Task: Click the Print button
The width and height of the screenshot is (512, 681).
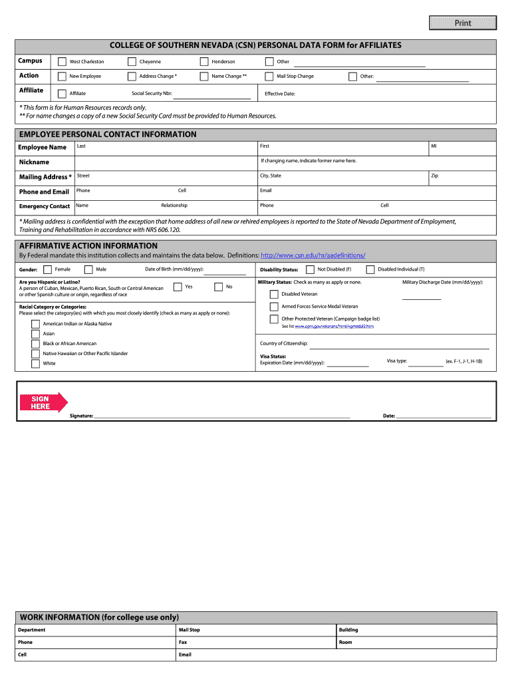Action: (463, 23)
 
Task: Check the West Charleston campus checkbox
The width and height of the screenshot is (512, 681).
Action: (62, 62)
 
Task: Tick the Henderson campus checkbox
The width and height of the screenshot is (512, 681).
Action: (203, 62)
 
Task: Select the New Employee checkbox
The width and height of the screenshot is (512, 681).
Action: (62, 76)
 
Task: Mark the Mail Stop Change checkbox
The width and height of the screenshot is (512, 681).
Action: (269, 76)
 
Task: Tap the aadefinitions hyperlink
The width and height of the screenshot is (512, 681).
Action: (313, 255)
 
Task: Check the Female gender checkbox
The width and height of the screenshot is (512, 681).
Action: (47, 269)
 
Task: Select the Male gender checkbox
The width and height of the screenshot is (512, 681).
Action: (88, 269)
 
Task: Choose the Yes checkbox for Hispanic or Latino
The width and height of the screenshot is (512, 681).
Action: (178, 287)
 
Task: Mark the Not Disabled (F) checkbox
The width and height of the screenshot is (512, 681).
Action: (310, 269)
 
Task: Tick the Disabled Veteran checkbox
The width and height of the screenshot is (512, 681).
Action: (274, 294)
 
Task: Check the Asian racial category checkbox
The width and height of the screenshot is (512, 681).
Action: (35, 334)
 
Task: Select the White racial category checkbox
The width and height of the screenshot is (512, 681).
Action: (35, 364)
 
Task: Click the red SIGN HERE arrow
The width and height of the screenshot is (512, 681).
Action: (43, 402)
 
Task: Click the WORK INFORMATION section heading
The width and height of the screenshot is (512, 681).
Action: (100, 617)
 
